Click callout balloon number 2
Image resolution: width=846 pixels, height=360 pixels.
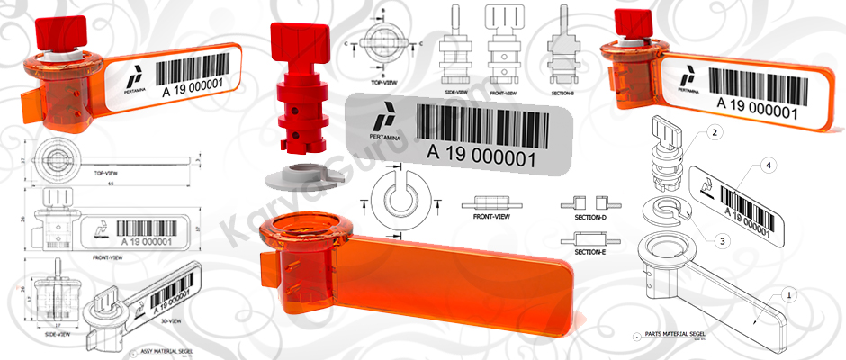pos(714,133)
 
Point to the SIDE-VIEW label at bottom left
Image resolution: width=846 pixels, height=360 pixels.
pos(56,332)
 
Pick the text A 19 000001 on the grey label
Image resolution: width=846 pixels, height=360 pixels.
pos(481,157)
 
